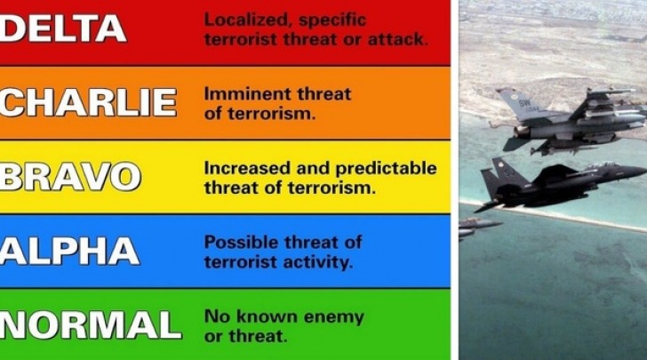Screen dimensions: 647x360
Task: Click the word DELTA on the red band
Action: (x=63, y=29)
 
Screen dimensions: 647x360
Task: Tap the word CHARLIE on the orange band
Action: (x=88, y=102)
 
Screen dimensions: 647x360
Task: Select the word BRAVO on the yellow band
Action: (x=70, y=177)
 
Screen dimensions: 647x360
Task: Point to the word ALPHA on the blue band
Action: (x=69, y=251)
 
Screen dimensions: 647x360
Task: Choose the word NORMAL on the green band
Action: (x=91, y=324)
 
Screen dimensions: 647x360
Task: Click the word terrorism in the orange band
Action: (x=272, y=114)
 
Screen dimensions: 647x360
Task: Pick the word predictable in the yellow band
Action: (x=386, y=168)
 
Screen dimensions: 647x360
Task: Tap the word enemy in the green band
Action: (x=334, y=317)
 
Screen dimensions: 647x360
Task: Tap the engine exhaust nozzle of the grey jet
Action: (x=521, y=132)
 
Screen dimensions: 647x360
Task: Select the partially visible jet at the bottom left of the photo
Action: (x=479, y=227)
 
